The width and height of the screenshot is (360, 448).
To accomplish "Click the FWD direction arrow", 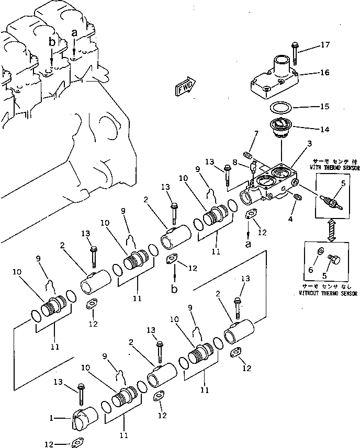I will [186, 87].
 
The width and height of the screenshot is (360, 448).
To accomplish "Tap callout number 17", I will [325, 45].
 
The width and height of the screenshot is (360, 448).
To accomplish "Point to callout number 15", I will [324, 107].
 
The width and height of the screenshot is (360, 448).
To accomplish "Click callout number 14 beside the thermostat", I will [324, 128].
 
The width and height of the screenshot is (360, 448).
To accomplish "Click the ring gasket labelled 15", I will [282, 107].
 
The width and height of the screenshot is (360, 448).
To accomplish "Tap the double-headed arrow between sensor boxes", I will [330, 231].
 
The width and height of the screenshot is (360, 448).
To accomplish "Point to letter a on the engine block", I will [74, 32].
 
